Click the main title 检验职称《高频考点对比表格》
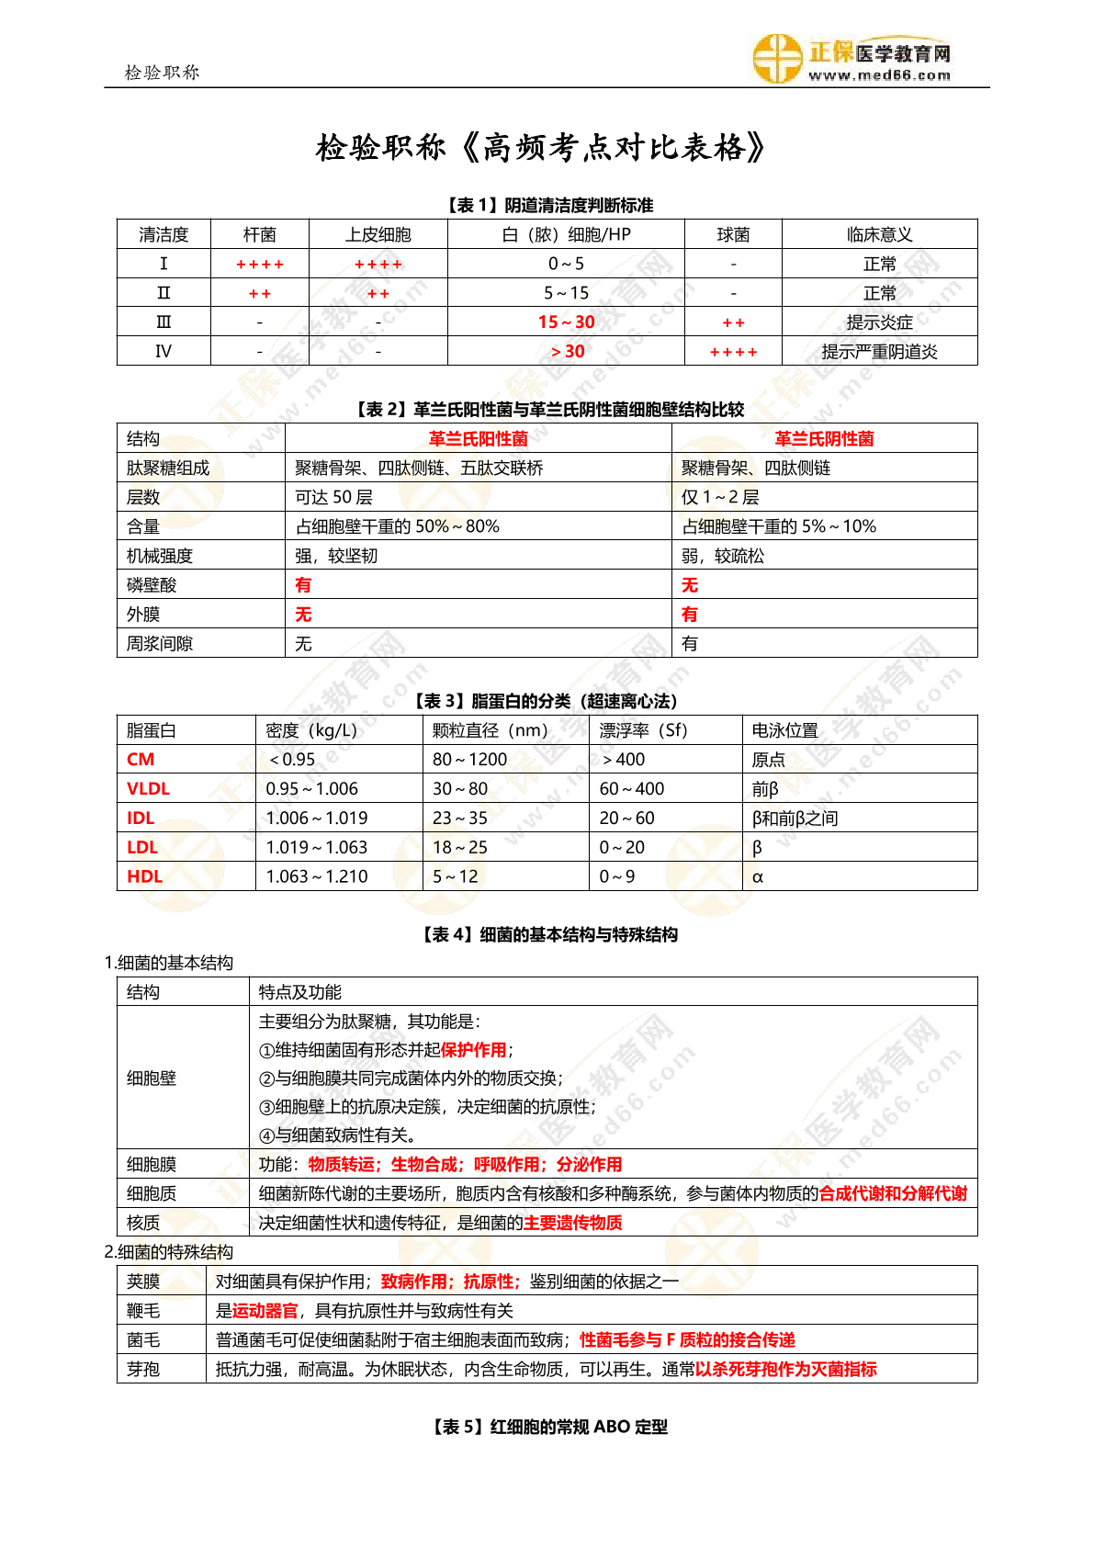tap(541, 147)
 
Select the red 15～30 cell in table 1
tap(566, 322)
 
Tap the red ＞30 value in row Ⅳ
tap(567, 352)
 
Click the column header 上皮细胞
tap(378, 235)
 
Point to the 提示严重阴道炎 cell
tap(879, 352)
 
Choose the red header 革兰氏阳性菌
tap(478, 439)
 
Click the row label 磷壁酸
tap(152, 585)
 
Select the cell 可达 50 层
tap(333, 498)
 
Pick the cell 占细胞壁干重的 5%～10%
tap(779, 526)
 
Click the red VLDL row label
tap(148, 789)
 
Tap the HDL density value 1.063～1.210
tap(317, 877)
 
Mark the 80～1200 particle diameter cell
tap(469, 760)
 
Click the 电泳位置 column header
tap(784, 731)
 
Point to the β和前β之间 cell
tap(795, 819)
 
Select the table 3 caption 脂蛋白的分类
tap(547, 702)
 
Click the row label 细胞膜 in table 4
tap(152, 1165)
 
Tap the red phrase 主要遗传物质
tap(572, 1223)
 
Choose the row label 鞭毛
tap(143, 1311)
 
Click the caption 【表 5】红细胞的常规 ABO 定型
tap(547, 1427)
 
